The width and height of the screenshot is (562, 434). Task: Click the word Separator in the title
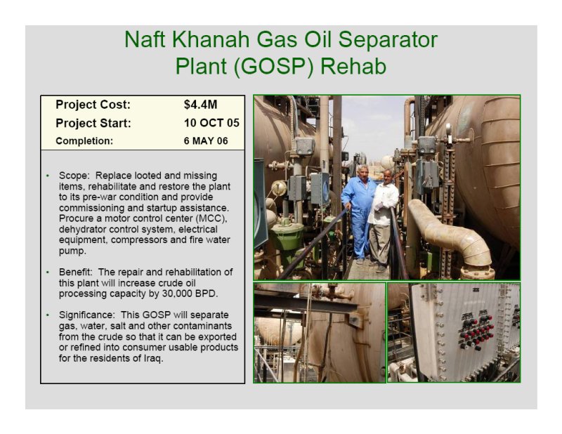tap(388, 39)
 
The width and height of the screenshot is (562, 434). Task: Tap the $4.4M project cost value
tap(200, 105)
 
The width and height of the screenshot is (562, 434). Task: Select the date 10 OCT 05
tap(211, 123)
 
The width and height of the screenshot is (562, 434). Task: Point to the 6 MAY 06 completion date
tap(206, 141)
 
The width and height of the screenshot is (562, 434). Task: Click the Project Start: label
tap(93, 124)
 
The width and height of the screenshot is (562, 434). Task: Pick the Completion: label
tap(84, 141)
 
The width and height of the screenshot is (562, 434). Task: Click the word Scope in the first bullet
tap(74, 176)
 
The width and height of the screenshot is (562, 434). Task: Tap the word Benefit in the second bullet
tap(75, 272)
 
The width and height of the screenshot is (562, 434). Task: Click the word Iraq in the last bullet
tap(153, 358)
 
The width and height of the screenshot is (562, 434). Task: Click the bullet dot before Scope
tap(48, 176)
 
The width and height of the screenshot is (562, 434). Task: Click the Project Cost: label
tap(93, 105)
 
